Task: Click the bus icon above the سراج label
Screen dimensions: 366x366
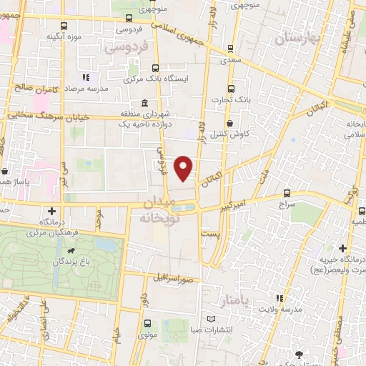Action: click(x=287, y=193)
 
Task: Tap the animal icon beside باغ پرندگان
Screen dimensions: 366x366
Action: click(x=72, y=252)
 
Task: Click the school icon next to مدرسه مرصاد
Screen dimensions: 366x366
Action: click(x=85, y=77)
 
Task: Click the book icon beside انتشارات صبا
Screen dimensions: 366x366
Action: click(x=210, y=318)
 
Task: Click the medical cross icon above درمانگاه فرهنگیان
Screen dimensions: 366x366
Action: click(x=51, y=211)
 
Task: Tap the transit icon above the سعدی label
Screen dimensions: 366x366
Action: click(x=229, y=49)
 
